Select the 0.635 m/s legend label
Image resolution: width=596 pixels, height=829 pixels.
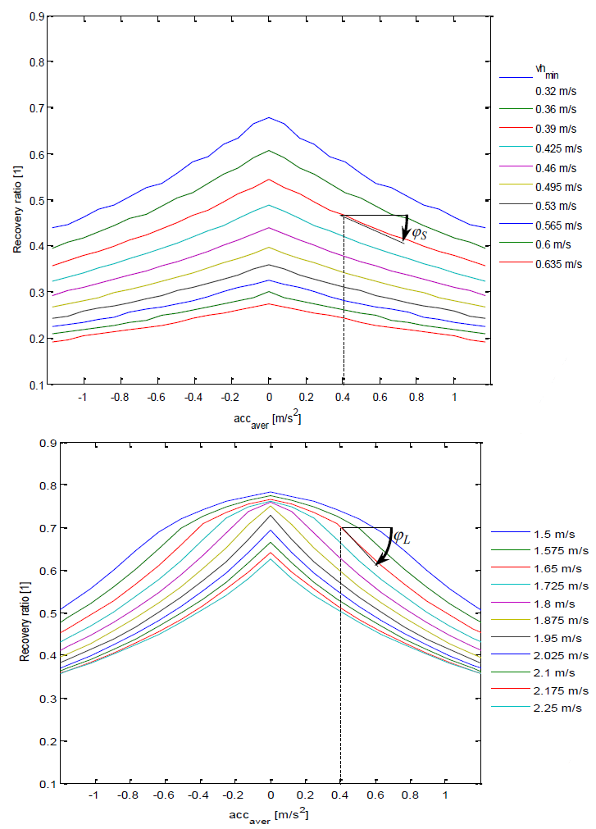pyautogui.click(x=558, y=264)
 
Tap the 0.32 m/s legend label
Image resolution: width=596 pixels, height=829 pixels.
pyautogui.click(x=556, y=92)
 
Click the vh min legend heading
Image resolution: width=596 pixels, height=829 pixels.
pyautogui.click(x=547, y=73)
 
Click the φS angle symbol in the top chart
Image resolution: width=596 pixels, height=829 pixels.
pyautogui.click(x=419, y=233)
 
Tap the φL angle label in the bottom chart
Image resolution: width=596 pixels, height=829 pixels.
pyautogui.click(x=402, y=538)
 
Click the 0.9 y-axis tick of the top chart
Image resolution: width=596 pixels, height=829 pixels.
pyautogui.click(x=37, y=16)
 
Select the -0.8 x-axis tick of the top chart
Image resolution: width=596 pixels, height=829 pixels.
pyautogui.click(x=120, y=398)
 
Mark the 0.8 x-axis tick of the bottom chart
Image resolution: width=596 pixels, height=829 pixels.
pyautogui.click(x=410, y=795)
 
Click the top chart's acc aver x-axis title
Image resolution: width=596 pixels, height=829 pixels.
pyautogui.click(x=267, y=420)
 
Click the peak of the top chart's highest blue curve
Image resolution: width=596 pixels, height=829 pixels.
pyautogui.click(x=269, y=117)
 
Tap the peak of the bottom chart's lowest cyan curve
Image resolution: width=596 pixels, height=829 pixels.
pyautogui.click(x=271, y=559)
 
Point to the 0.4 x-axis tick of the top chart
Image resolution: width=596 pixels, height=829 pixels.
pyautogui.click(x=343, y=398)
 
